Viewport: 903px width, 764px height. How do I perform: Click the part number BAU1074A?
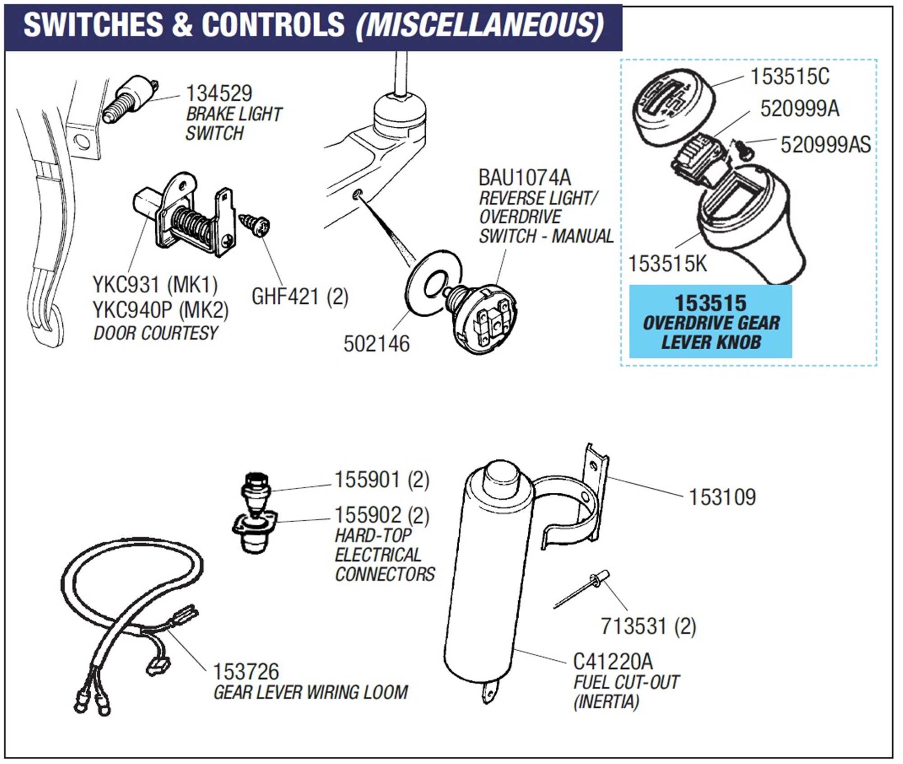click(524, 177)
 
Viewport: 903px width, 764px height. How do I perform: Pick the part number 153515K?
click(667, 264)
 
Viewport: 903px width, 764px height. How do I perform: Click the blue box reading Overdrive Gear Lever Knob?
click(710, 322)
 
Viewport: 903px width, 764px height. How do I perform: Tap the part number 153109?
click(721, 497)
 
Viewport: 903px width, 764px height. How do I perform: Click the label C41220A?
click(613, 662)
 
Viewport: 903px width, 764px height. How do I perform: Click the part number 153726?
click(246, 672)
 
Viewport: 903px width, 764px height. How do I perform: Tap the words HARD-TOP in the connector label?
click(373, 536)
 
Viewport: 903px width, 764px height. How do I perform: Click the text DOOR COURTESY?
click(155, 333)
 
